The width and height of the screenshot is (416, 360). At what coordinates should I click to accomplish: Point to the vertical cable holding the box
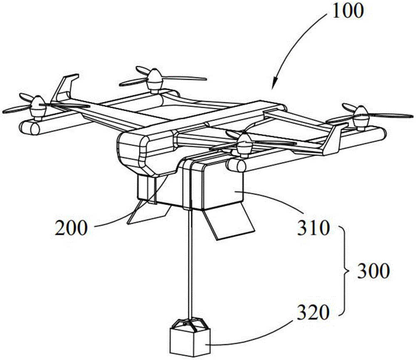(x=190, y=258)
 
